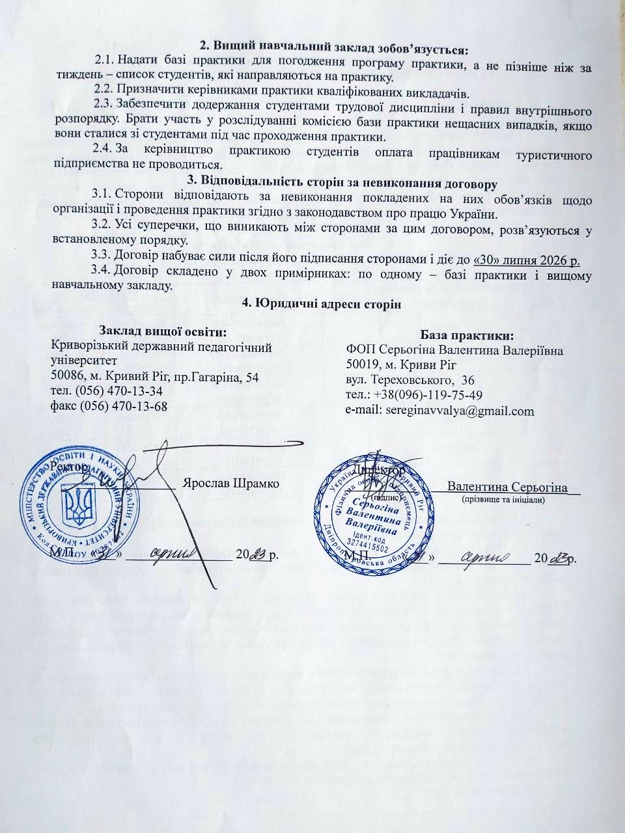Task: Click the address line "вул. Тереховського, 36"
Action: click(x=410, y=380)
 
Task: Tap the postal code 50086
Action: click(x=68, y=376)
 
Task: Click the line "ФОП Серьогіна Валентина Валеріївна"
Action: click(x=455, y=350)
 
